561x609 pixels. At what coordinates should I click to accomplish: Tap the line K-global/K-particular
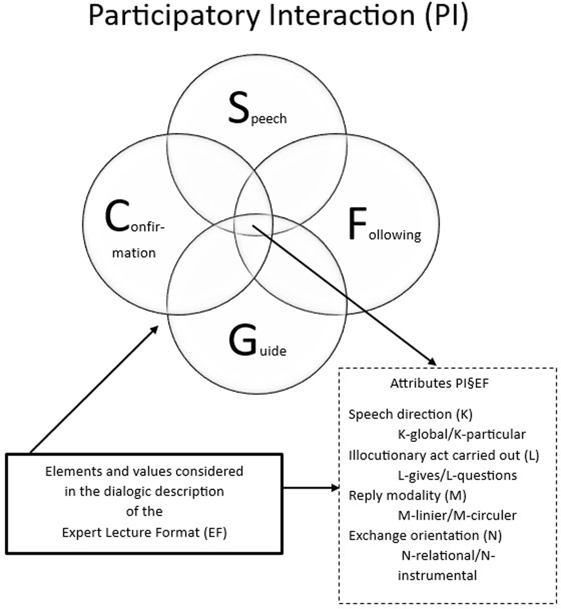click(x=461, y=434)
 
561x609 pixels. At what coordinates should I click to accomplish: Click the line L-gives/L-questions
click(x=457, y=475)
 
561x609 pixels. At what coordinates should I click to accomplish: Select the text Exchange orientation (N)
click(x=425, y=536)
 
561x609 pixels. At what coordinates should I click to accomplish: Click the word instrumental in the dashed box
click(x=437, y=575)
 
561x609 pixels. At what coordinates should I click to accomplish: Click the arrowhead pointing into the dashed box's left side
click(x=335, y=488)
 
